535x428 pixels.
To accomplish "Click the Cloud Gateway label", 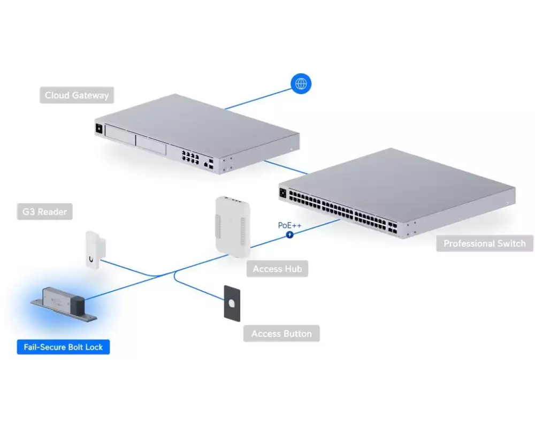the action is (77, 95).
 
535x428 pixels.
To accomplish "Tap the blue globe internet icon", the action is (301, 83).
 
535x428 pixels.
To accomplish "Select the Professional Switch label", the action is (485, 243).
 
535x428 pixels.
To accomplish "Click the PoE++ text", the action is (289, 225).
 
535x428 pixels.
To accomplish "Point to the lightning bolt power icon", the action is (289, 235).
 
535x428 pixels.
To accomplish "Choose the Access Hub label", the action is (277, 269).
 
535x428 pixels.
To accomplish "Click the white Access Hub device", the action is (233, 227).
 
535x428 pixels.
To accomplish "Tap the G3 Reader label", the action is (45, 212).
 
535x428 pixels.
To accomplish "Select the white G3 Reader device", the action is (95, 250).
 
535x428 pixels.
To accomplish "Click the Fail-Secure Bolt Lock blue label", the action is (64, 347).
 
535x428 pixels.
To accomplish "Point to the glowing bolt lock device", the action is (64, 304).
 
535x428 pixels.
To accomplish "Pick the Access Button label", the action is (281, 333).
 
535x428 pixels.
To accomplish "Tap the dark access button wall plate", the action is (232, 303).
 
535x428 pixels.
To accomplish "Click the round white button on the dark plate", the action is (232, 303).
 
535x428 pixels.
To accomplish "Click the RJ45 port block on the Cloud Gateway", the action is (190, 157).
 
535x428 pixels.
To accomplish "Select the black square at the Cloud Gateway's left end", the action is (99, 129).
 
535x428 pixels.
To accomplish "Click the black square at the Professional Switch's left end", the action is (283, 193).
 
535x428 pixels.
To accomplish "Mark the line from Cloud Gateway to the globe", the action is (258, 100).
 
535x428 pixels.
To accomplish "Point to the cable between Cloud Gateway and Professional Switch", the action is (286, 167).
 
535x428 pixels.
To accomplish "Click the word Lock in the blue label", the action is (94, 347).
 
